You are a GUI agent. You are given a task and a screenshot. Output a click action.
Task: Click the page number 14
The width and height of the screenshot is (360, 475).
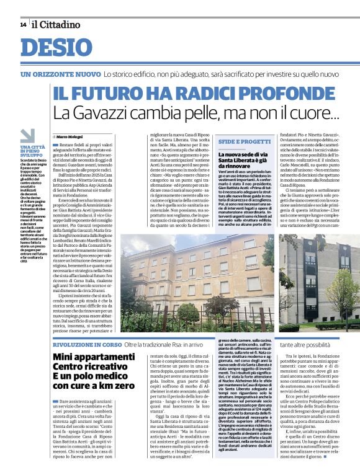click(22, 24)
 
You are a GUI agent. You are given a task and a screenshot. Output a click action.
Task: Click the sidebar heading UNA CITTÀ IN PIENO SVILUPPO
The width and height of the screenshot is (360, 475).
click(32, 151)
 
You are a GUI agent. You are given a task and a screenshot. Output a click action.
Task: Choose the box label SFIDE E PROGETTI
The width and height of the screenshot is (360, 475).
click(245, 142)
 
